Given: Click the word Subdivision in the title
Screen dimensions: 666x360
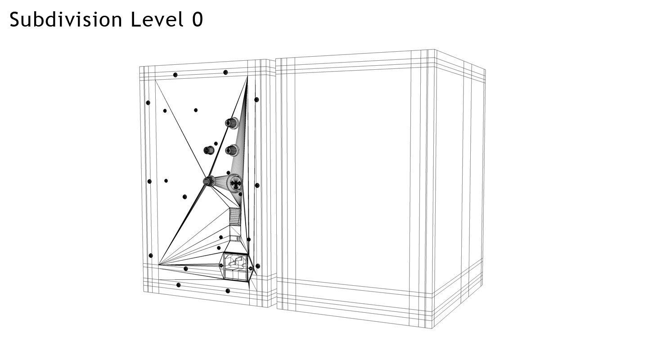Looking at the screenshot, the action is coord(66,20).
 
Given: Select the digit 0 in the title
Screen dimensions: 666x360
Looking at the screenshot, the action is coord(198,20).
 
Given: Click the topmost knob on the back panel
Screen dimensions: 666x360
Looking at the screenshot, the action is coord(232,123).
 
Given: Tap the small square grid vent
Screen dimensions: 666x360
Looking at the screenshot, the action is coord(234,216).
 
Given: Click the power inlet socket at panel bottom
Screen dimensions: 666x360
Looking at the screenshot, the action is coord(235,266).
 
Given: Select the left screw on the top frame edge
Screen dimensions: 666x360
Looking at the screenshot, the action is coord(175,75).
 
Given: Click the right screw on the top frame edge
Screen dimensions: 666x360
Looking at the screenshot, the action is coord(225,72).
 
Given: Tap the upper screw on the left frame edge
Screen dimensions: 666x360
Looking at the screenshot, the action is coord(148,103).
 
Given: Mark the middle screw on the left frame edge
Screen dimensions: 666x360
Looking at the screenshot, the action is coord(149,181).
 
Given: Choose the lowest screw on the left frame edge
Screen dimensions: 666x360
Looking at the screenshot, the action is coord(151,256).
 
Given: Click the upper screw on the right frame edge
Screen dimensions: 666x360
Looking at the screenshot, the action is coord(256,99).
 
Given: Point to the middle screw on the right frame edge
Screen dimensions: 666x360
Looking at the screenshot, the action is coord(257,185).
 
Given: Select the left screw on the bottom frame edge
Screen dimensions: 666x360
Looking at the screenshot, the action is coord(178,285).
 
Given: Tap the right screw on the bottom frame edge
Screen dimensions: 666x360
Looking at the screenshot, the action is coord(228,291).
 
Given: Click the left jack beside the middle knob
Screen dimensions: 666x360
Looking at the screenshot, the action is coord(209,150).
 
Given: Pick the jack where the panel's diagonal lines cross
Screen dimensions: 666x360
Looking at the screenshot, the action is coord(209,181).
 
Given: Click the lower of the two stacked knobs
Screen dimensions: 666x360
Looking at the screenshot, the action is coord(232,150).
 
